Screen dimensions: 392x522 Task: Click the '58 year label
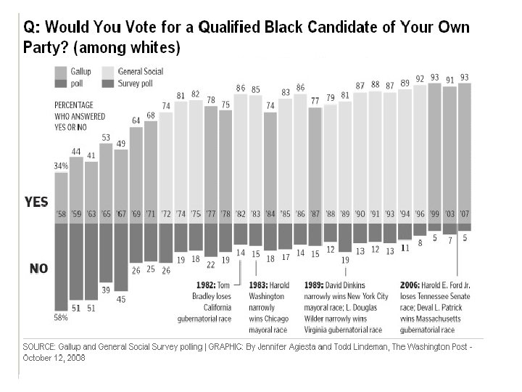click(61, 215)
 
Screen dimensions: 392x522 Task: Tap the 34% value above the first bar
click(60, 166)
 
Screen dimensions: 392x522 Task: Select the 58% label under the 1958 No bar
click(60, 317)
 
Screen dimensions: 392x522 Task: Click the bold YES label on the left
click(36, 202)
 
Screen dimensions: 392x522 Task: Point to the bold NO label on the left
click(38, 269)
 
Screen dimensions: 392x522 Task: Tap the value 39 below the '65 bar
click(106, 290)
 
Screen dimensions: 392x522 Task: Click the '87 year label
click(315, 215)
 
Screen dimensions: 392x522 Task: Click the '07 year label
click(464, 215)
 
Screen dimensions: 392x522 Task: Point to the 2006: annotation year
click(413, 284)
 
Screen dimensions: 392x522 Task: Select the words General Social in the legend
click(141, 71)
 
